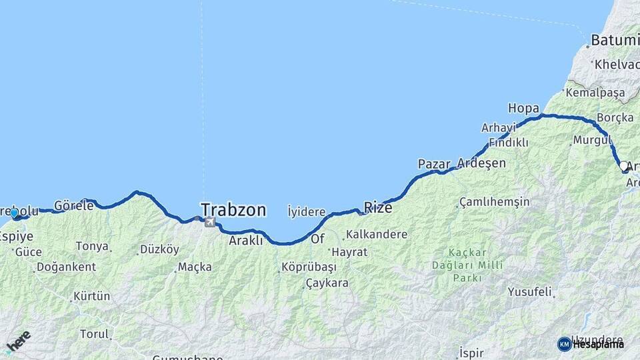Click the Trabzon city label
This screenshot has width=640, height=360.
tap(233, 210)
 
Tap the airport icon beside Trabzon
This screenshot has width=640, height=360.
tap(209, 222)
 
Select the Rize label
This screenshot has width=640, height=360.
tap(378, 207)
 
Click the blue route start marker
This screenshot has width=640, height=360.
tap(14, 213)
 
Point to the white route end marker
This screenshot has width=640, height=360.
tap(623, 165)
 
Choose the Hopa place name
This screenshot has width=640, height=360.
tap(523, 107)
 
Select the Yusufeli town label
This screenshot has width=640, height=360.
tap(530, 291)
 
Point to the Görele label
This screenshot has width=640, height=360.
tap(73, 205)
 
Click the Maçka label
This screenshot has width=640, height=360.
tap(195, 267)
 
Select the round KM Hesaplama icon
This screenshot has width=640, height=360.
tap(565, 344)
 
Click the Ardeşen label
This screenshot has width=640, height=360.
tap(481, 163)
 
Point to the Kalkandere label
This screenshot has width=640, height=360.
tap(376, 235)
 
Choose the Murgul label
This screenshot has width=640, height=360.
tap(587, 141)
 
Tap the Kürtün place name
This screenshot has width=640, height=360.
tap(92, 295)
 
